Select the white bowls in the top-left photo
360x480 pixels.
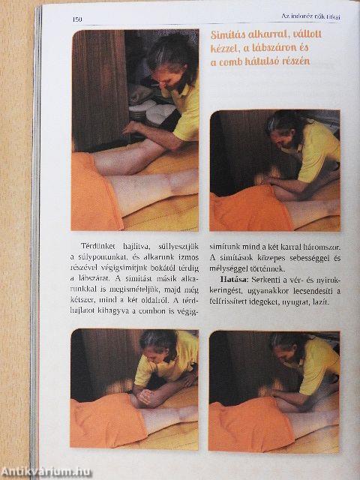(151, 112)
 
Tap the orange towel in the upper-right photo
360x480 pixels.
(247, 211)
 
